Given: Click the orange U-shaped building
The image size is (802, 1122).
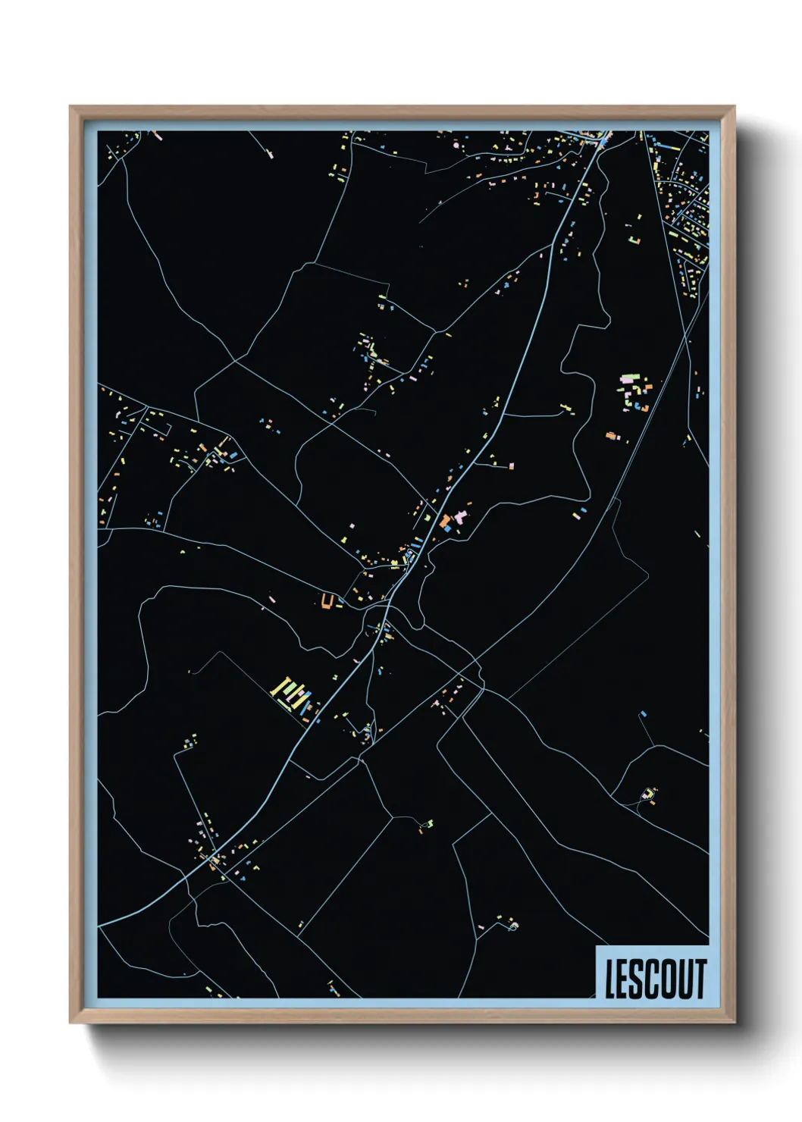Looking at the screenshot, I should coord(327,601).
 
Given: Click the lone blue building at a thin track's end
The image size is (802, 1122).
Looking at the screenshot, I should coord(643,714).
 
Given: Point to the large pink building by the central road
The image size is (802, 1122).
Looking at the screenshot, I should coord(459,516).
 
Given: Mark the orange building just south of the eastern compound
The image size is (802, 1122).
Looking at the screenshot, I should coord(611,436).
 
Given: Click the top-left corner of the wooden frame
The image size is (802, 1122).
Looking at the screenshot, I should coord(70,107).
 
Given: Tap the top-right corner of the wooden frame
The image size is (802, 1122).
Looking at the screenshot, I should coord(734,107).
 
